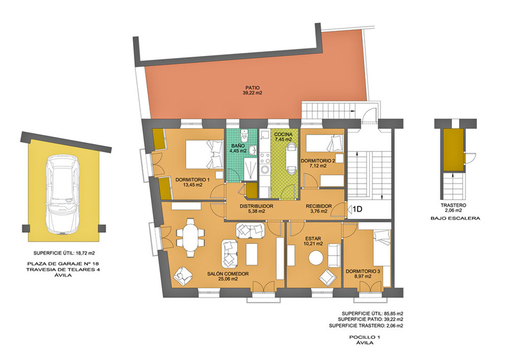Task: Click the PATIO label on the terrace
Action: tap(252, 88)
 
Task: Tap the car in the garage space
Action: tap(62, 194)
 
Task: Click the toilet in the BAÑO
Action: tap(244, 134)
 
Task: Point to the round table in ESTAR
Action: tap(316, 259)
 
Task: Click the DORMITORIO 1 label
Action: tap(193, 180)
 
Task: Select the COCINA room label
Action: tap(283, 134)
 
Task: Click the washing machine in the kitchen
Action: tap(265, 169)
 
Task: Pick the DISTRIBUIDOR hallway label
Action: tap(256, 206)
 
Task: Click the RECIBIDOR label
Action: tap(319, 206)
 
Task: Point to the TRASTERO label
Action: tap(453, 205)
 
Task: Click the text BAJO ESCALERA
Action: tap(455, 218)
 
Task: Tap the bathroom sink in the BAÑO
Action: tap(252, 150)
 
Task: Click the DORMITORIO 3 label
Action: tap(363, 271)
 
